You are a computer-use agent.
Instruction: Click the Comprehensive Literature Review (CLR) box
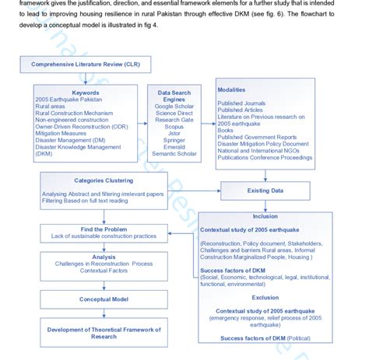point(86,64)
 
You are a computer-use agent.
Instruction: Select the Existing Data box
point(265,189)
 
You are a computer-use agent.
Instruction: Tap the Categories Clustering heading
point(98,180)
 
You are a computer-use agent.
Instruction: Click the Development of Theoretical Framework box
point(104,332)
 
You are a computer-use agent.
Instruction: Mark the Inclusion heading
point(265,217)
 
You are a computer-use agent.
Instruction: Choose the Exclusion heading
point(265,297)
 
